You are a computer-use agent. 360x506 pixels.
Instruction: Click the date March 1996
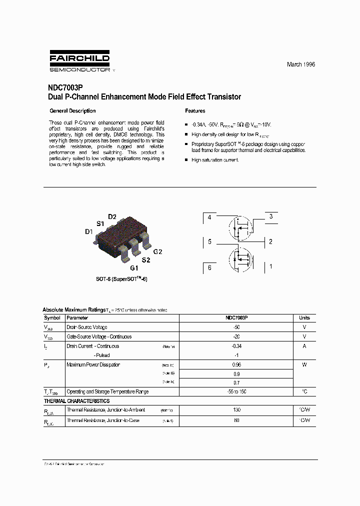(x=300, y=64)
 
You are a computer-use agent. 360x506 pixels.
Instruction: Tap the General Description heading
(x=72, y=111)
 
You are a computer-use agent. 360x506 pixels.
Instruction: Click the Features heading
(x=195, y=111)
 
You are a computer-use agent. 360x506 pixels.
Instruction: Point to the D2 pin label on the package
(x=112, y=216)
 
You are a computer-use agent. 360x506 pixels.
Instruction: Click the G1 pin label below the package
(x=134, y=268)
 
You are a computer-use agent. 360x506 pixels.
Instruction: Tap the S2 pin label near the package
(x=145, y=260)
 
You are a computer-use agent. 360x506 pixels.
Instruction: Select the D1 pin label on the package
(x=88, y=231)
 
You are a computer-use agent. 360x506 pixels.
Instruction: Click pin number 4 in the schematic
(x=209, y=217)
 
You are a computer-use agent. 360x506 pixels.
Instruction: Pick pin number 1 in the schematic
(x=270, y=266)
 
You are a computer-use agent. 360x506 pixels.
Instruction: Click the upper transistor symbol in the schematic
(x=240, y=226)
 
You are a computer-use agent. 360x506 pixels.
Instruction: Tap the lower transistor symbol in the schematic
(x=240, y=258)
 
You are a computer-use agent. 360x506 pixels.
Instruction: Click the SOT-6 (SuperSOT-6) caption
(x=121, y=279)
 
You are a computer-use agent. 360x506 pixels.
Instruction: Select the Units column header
(x=304, y=318)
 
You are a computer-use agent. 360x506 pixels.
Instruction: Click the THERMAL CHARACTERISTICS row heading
(x=76, y=401)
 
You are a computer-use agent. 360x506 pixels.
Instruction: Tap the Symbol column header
(x=52, y=318)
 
